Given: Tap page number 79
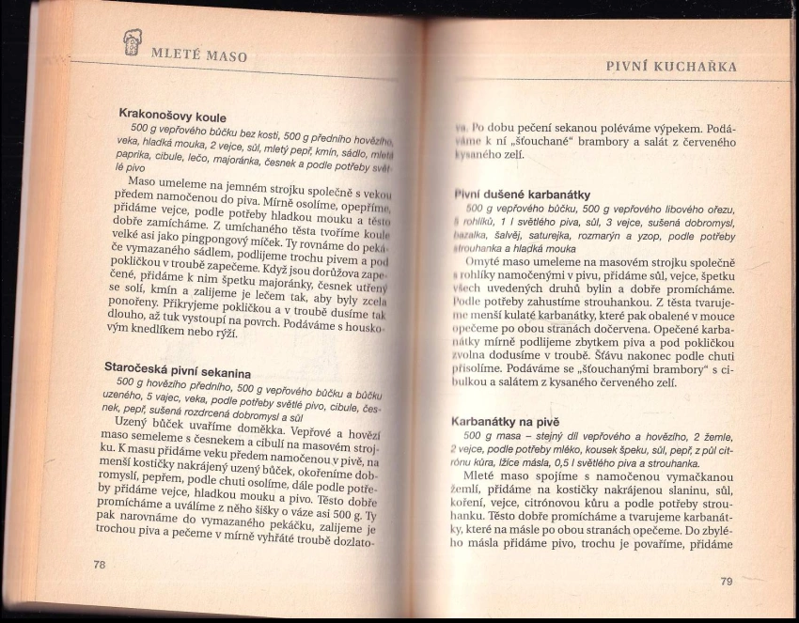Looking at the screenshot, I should tap(726, 582).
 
